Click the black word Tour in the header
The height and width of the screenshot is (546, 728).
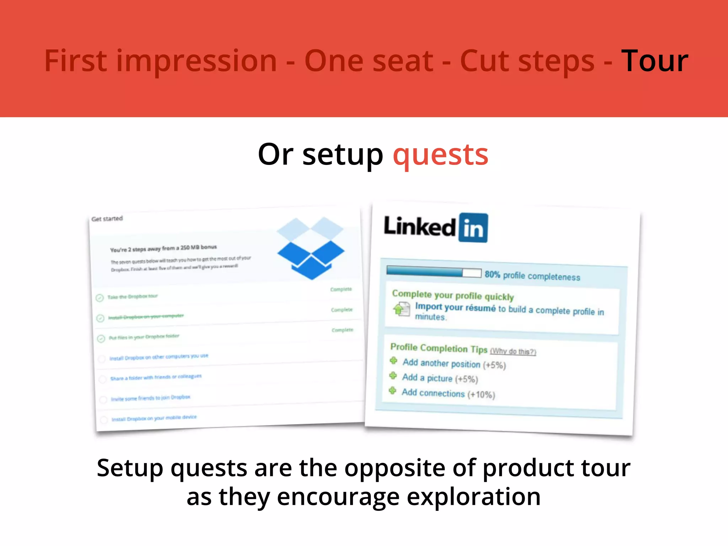pyautogui.click(x=654, y=61)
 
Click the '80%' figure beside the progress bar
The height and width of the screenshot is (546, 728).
pyautogui.click(x=492, y=274)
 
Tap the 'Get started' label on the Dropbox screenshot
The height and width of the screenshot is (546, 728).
pyautogui.click(x=107, y=219)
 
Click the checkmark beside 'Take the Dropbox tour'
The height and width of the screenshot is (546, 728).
pyautogui.click(x=100, y=298)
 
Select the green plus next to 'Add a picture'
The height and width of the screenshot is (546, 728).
pyautogui.click(x=393, y=376)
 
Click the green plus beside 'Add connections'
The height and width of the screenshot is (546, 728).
pyautogui.click(x=392, y=391)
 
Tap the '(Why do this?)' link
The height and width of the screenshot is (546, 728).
pyautogui.click(x=513, y=352)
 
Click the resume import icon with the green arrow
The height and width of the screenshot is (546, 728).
pyautogui.click(x=401, y=309)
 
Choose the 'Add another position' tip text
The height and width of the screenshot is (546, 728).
pyautogui.click(x=441, y=363)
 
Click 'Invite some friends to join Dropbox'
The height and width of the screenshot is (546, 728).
pyautogui.click(x=150, y=398)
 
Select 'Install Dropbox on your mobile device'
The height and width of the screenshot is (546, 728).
pyautogui.click(x=154, y=418)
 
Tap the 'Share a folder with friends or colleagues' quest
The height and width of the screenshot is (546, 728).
pyautogui.click(x=156, y=377)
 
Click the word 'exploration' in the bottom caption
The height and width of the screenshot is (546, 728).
pyautogui.click(x=473, y=497)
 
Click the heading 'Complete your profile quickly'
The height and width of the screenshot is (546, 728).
pyautogui.click(x=453, y=295)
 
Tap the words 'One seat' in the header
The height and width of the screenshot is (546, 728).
pyautogui.click(x=369, y=61)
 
